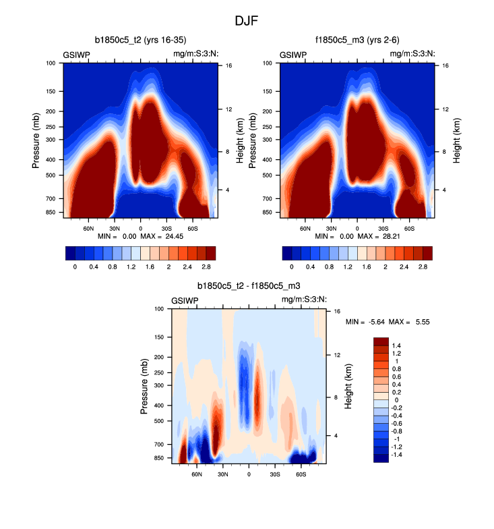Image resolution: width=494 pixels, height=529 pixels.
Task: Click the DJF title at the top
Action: coord(246,21)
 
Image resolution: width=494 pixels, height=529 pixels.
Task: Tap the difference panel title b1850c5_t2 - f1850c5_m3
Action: coord(249,286)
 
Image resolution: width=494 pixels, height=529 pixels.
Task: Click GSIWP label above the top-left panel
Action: coord(78,54)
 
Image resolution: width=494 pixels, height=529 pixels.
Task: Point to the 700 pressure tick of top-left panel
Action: coord(51,199)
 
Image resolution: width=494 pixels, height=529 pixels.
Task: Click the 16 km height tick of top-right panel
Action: coord(446,65)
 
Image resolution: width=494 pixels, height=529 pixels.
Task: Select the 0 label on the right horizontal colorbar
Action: coord(291,267)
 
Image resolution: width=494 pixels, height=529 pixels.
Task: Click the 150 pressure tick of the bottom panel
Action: coord(158,337)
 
